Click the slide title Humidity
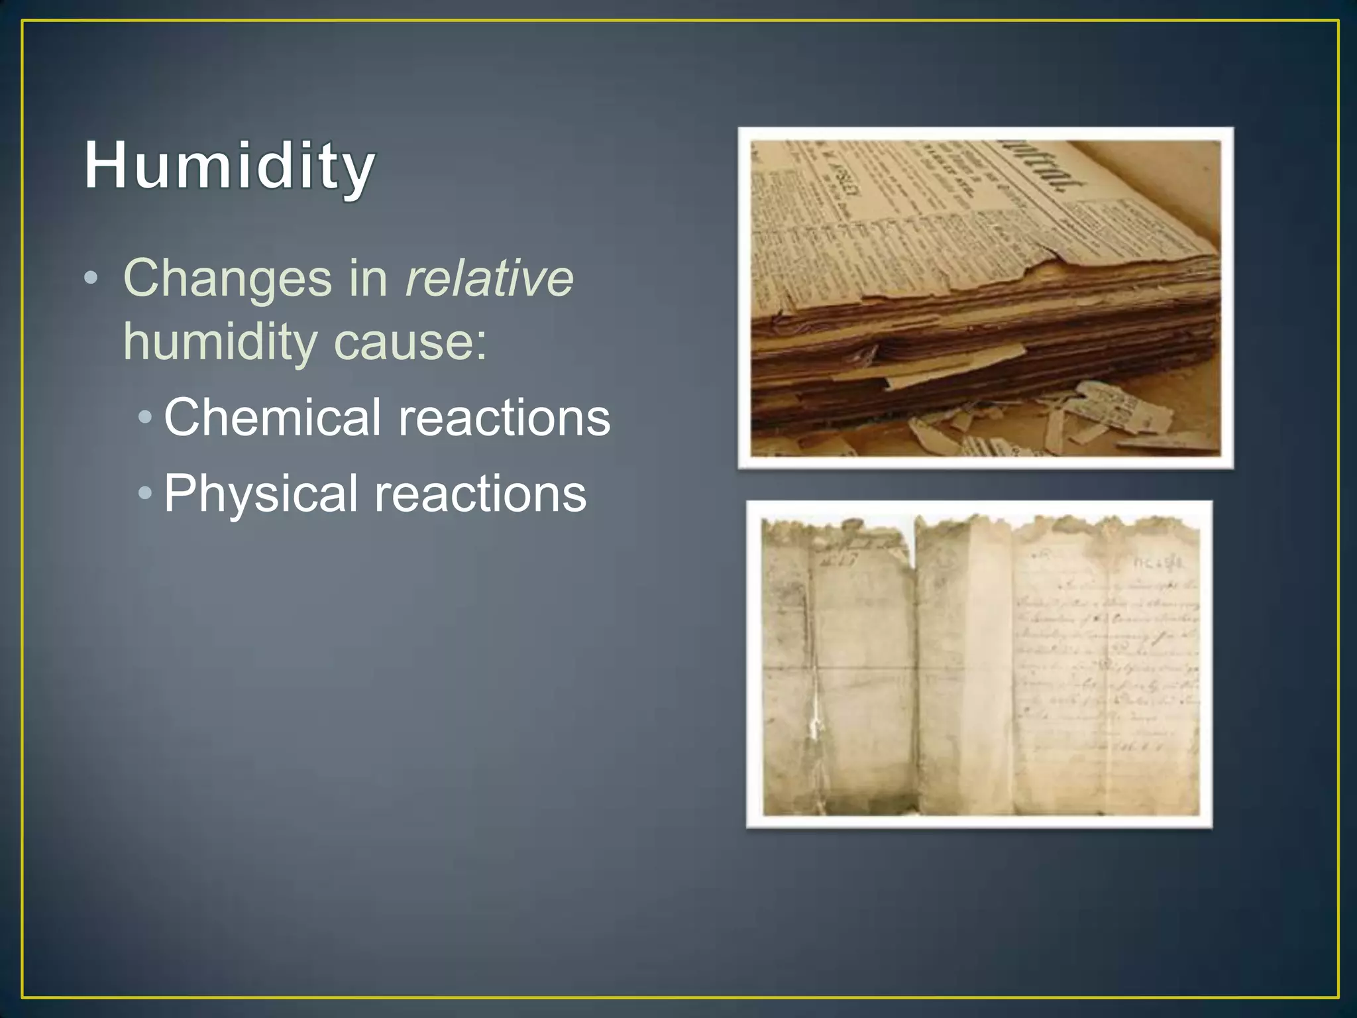229,166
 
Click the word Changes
227,278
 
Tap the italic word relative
489,278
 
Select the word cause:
410,342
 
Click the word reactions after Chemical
504,418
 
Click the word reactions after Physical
480,494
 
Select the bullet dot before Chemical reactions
146,418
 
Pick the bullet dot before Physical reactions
146,493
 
